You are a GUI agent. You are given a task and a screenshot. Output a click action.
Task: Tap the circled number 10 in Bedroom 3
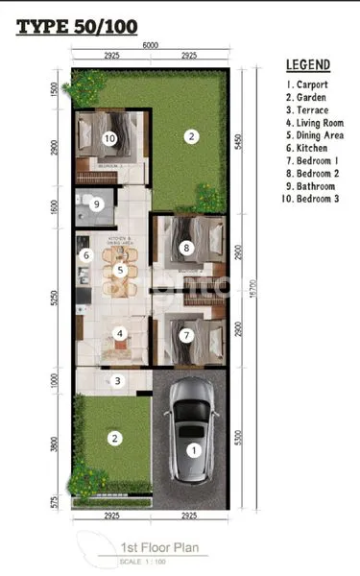point(109,138)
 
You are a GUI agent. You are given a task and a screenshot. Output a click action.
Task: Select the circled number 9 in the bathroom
point(96,204)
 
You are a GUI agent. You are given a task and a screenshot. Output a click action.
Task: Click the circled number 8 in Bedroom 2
point(187,247)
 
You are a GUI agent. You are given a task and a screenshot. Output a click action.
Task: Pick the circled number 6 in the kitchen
point(85,255)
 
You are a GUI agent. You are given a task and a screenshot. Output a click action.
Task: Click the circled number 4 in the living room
point(119,334)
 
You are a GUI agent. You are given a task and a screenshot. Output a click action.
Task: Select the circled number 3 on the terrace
point(117,381)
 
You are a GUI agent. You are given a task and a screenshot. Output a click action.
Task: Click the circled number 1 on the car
point(193,448)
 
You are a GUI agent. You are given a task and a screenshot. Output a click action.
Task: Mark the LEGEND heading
point(308,65)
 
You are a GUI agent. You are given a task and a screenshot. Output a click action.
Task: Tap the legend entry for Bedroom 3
point(315,198)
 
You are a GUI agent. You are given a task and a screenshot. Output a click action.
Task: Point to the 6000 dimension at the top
point(149,46)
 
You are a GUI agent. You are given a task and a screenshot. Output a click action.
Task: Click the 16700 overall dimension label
point(252,285)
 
